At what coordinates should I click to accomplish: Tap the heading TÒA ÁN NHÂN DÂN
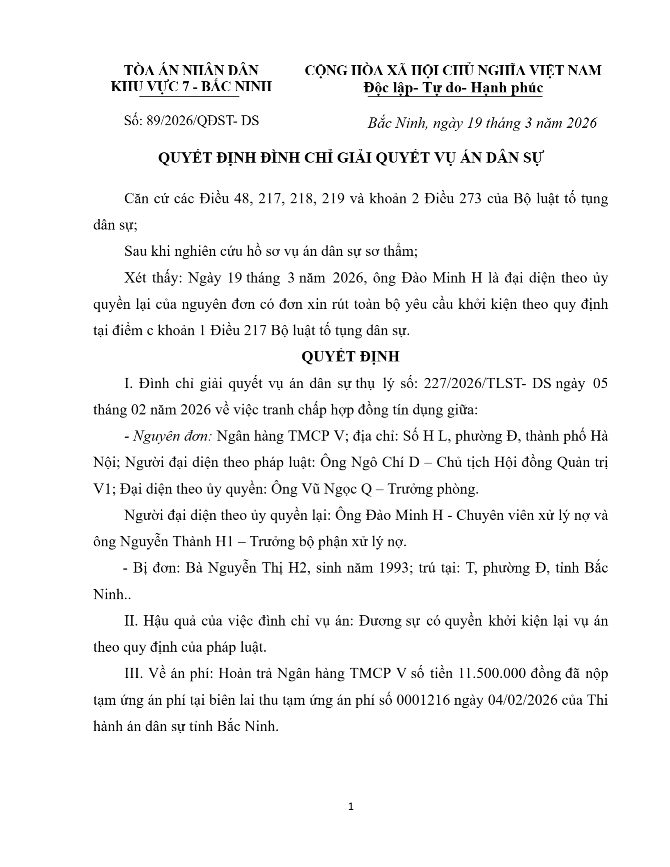tap(191, 70)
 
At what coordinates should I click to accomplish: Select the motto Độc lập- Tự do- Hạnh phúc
tap(453, 88)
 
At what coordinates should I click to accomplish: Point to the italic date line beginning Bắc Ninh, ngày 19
tap(482, 123)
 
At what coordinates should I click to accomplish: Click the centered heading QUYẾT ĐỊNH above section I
tap(350, 356)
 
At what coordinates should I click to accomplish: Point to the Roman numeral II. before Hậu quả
tap(131, 621)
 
